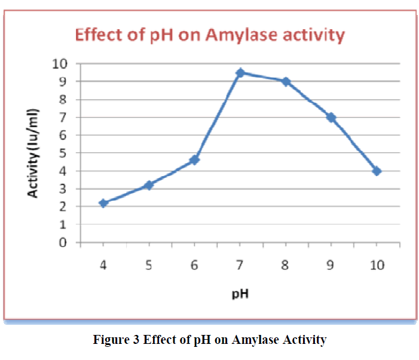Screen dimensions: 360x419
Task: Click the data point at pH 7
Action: pyautogui.click(x=240, y=73)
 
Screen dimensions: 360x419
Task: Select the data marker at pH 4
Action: pyautogui.click(x=103, y=204)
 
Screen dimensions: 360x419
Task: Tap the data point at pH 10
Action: pyautogui.click(x=377, y=171)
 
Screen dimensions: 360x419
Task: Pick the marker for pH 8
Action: pyautogui.click(x=286, y=82)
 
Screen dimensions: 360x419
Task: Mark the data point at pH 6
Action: pyautogui.click(x=194, y=160)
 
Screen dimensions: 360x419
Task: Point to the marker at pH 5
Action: pyautogui.click(x=149, y=185)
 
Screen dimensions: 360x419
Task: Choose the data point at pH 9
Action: pyautogui.click(x=331, y=118)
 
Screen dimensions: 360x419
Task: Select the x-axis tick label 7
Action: pyautogui.click(x=240, y=264)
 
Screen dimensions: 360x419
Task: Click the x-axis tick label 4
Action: pyautogui.click(x=103, y=264)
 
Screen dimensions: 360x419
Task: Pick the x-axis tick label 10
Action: pyautogui.click(x=377, y=264)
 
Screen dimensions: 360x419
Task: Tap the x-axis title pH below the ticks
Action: pyautogui.click(x=240, y=294)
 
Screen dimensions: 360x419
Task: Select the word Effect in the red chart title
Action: pyautogui.click(x=96, y=35)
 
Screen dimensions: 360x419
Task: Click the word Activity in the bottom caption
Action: pyautogui.click(x=303, y=340)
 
